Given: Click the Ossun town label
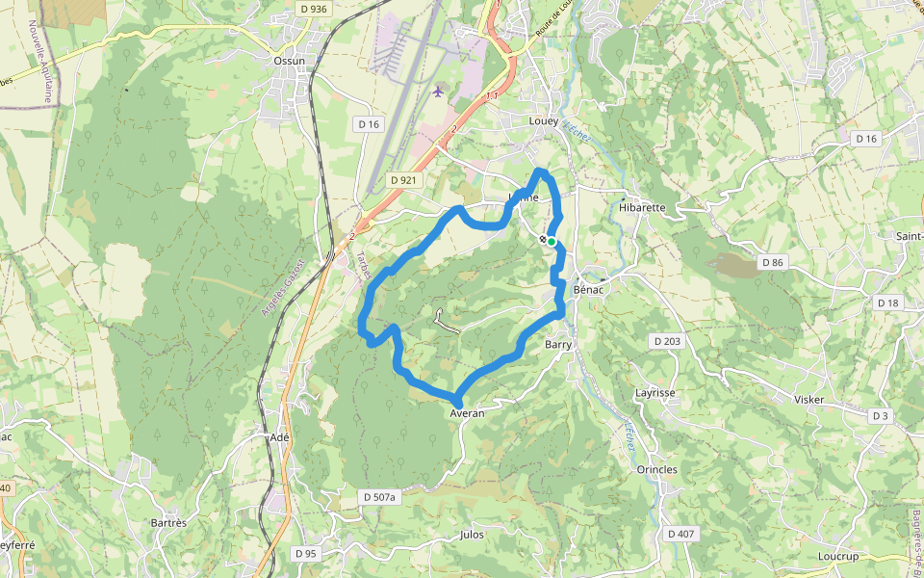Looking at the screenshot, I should click(289, 61).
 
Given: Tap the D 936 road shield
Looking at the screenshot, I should click(313, 9).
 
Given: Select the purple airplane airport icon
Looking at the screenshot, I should click(439, 92).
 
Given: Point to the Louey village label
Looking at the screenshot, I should click(544, 121).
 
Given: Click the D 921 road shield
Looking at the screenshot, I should click(403, 180).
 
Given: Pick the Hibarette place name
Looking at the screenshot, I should click(643, 207).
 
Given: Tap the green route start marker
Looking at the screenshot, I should click(552, 242).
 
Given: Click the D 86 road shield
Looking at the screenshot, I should click(772, 262).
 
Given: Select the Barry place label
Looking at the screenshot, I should click(558, 344).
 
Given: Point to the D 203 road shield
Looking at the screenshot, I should click(666, 341).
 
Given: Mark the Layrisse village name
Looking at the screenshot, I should click(655, 393).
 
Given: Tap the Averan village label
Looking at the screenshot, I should click(467, 412).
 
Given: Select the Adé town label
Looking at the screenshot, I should click(280, 436).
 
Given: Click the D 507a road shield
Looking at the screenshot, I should click(379, 497).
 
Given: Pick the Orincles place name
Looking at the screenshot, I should click(657, 470).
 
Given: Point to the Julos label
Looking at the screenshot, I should click(473, 534).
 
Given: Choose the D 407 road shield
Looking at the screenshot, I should click(680, 534).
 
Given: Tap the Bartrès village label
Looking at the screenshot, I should click(168, 522).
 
